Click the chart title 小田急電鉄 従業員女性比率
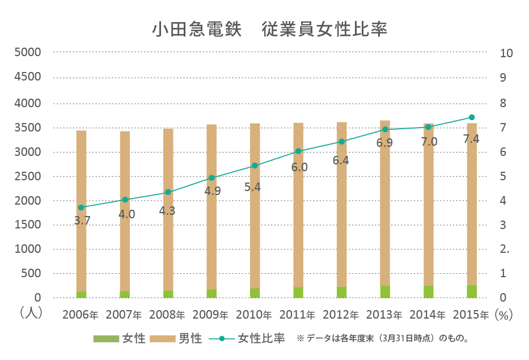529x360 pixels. [269, 29]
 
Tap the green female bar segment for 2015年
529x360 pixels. [472, 291]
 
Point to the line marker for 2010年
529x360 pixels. [255, 166]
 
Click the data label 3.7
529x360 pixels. [82, 221]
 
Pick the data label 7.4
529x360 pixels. [471, 139]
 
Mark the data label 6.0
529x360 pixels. [299, 167]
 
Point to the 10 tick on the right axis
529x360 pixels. [506, 53]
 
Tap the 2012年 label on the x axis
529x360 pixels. [341, 314]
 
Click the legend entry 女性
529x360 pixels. [120, 339]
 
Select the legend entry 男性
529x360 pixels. [176, 339]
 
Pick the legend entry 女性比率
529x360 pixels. [247, 339]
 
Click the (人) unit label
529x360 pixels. [30, 313]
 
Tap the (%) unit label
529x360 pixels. [503, 314]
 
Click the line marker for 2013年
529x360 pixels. [385, 129]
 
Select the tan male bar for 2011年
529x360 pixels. [298, 204]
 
